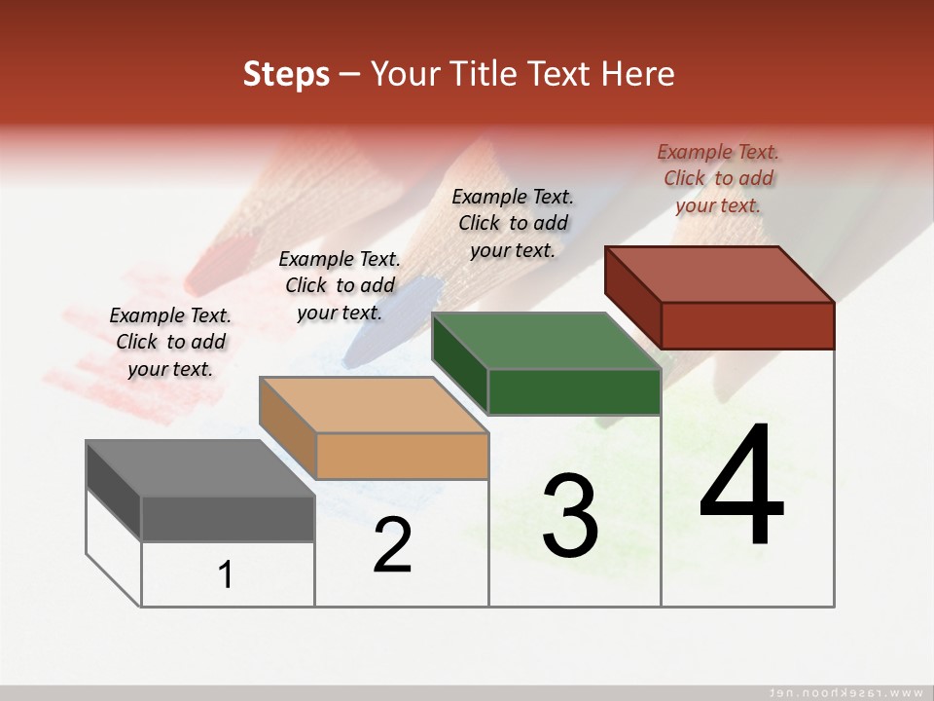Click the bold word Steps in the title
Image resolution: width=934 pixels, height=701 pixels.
click(286, 74)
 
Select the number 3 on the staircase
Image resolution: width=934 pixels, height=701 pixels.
click(570, 516)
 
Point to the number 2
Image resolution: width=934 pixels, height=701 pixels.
click(393, 545)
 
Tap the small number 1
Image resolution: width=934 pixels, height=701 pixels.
click(226, 574)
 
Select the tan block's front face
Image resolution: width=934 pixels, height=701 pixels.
click(402, 456)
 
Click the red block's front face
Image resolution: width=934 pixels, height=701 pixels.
click(747, 325)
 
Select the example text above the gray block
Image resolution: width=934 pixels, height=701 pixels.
click(170, 342)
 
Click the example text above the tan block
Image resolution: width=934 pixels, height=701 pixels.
click(340, 285)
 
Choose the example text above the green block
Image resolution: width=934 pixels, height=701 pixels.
click(513, 223)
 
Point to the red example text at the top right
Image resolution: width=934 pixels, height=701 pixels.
click(718, 178)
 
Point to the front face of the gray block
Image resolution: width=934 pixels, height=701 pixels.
click(228, 519)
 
